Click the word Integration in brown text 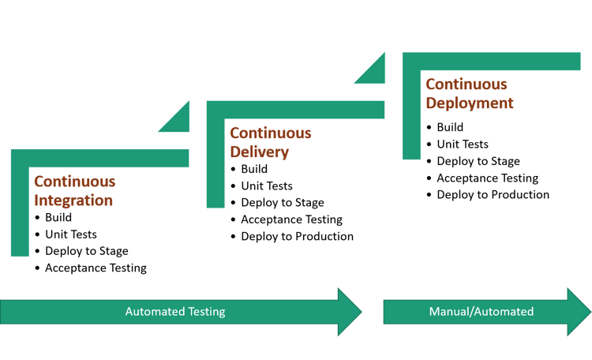coord(73,201)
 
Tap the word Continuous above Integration coord(75,182)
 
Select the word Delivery coord(260,152)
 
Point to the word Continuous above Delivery coord(271,133)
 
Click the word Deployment coord(470,103)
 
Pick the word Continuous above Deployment coord(466,84)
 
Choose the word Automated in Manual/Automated coord(503,312)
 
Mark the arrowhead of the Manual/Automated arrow coord(579,312)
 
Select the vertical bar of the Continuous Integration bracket coord(20,213)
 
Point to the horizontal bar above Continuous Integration coord(103,158)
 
